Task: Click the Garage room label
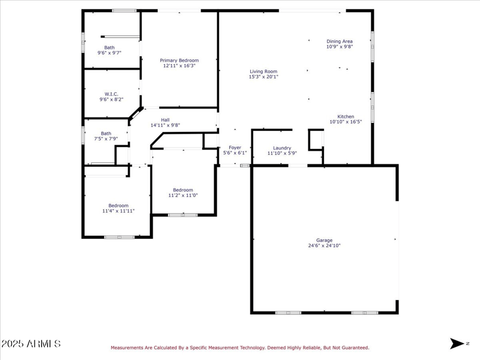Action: click(324, 240)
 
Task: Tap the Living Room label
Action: click(263, 71)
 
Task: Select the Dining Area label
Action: click(340, 41)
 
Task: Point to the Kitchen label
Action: click(346, 116)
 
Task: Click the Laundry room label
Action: click(282, 148)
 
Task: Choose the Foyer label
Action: click(235, 148)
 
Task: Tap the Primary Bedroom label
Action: click(179, 60)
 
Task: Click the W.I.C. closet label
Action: click(112, 94)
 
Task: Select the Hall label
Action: click(165, 119)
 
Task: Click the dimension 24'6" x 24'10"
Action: click(324, 245)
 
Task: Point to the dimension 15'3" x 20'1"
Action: click(263, 77)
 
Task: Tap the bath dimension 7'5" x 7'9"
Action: click(106, 139)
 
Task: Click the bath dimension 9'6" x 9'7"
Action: click(109, 53)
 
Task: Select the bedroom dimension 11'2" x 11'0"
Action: click(183, 195)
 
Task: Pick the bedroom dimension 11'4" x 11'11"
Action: click(118, 211)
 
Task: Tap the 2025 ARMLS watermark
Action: click(31, 344)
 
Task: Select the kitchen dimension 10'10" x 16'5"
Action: click(346, 122)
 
